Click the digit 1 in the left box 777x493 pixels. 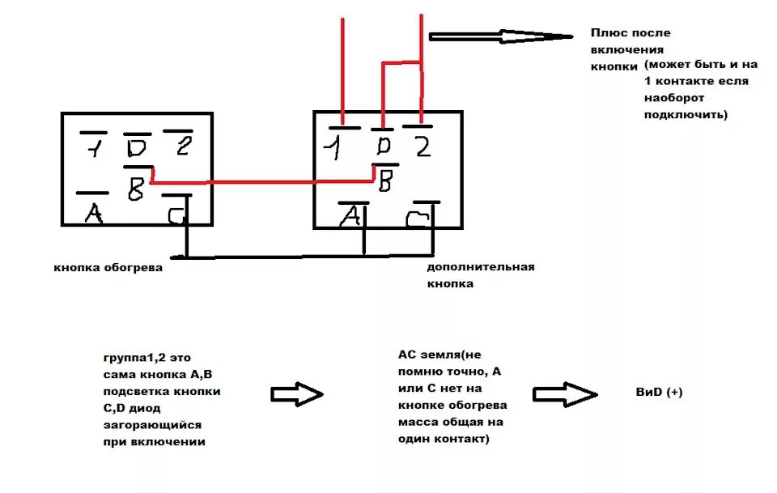click(94, 148)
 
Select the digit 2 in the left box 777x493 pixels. click(183, 147)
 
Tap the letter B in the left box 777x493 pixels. click(136, 191)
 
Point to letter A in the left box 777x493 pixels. click(94, 213)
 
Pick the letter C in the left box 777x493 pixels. click(176, 216)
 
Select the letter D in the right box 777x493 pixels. click(384, 147)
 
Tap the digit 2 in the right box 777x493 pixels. click(421, 147)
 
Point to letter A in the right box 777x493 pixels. click(350, 216)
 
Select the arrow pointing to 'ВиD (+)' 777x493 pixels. click(565, 393)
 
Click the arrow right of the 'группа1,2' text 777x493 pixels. click(296, 394)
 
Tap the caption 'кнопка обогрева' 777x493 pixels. click(108, 268)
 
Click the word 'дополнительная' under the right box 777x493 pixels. click(481, 268)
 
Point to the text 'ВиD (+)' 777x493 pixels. click(660, 392)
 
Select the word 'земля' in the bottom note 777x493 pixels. click(441, 354)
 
